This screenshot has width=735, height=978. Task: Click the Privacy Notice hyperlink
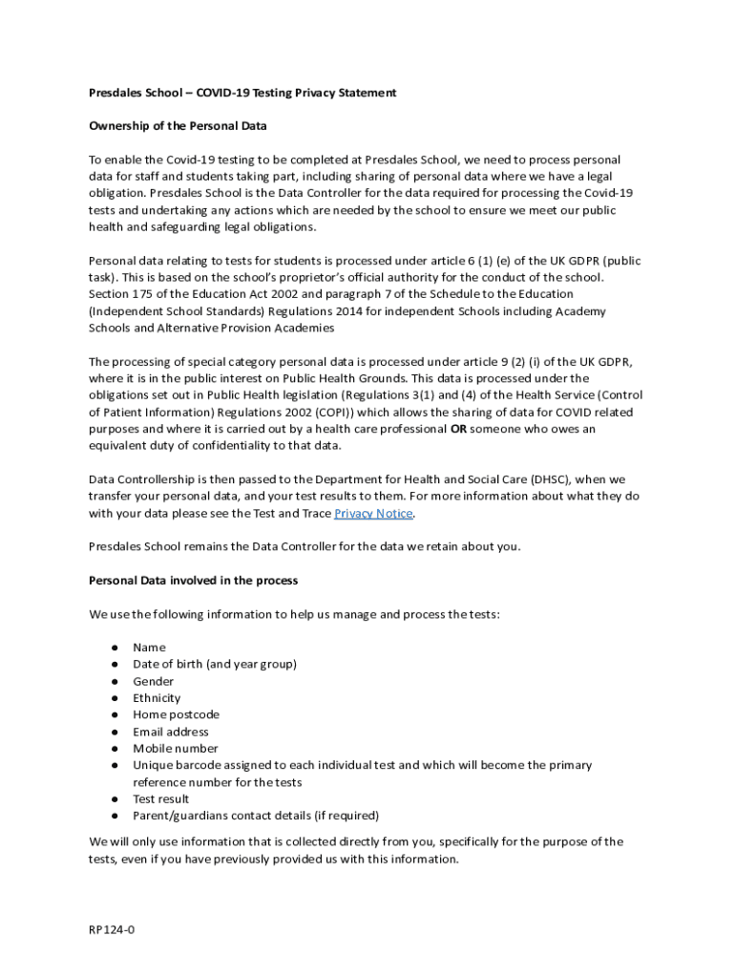373,513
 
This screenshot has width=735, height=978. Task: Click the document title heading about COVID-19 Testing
242,93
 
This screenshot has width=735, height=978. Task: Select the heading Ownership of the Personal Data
178,126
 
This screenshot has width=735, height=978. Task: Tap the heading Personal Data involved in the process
193,580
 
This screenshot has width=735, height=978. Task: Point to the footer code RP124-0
112,928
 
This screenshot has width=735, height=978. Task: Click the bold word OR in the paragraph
458,429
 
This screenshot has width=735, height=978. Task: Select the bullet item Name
149,648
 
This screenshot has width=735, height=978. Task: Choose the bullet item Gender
153,681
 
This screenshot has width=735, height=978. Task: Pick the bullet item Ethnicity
157,698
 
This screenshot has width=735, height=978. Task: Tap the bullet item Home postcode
176,714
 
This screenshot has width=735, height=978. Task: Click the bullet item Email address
171,732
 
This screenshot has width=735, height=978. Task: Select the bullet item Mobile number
176,749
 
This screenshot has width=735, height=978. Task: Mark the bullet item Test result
161,798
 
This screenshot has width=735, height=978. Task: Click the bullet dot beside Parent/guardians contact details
114,816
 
